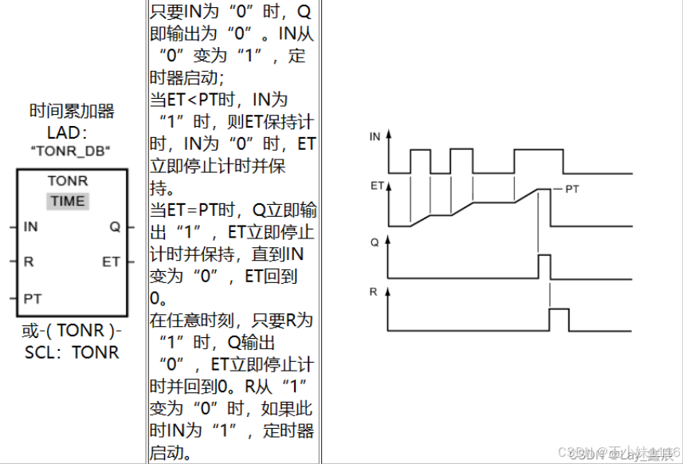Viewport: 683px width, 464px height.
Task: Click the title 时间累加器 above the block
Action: pos(72,111)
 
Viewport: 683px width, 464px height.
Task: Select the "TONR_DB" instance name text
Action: pos(69,151)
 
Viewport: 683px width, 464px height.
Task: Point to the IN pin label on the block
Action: pos(30,227)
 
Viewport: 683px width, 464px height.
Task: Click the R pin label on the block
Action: pos(28,261)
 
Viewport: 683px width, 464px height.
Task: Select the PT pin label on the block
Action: pos(32,299)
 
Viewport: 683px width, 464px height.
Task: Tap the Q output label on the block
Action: pos(114,227)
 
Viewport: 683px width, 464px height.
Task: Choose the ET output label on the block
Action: pos(111,261)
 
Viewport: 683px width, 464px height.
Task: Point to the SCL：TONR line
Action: pos(72,352)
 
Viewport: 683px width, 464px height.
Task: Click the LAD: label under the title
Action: pos(72,132)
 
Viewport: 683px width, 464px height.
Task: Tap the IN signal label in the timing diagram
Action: pos(375,137)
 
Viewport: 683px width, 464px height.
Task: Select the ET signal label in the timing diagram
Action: pos(375,185)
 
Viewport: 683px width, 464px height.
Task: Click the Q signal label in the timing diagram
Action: pos(374,240)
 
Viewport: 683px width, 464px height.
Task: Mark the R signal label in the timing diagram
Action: pos(373,293)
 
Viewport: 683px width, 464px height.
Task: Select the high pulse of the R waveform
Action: pos(559,319)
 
